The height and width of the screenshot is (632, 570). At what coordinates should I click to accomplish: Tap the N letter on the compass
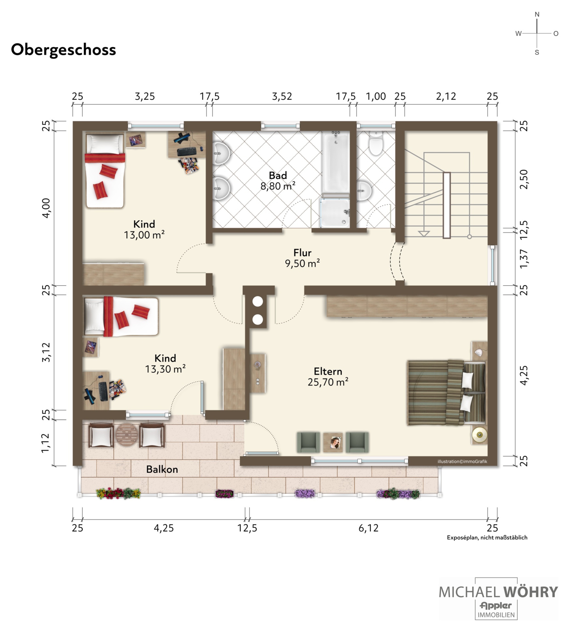(537, 14)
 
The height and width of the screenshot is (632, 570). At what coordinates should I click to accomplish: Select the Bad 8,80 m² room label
(278, 181)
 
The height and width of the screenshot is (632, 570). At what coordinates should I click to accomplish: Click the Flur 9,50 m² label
(302, 258)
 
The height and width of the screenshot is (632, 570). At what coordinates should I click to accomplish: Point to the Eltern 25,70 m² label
(328, 377)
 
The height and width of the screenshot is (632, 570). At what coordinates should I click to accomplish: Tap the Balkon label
(162, 469)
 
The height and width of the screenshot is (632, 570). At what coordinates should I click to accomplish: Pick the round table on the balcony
(127, 435)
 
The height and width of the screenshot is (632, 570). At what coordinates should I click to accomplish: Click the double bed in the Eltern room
(447, 393)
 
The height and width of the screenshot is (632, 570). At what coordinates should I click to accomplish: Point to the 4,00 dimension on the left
(46, 208)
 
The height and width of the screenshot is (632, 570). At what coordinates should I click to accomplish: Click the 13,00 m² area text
(144, 235)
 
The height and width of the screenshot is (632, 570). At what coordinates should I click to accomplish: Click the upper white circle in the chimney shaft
(258, 302)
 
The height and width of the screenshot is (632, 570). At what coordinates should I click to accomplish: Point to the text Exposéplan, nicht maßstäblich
(487, 537)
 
